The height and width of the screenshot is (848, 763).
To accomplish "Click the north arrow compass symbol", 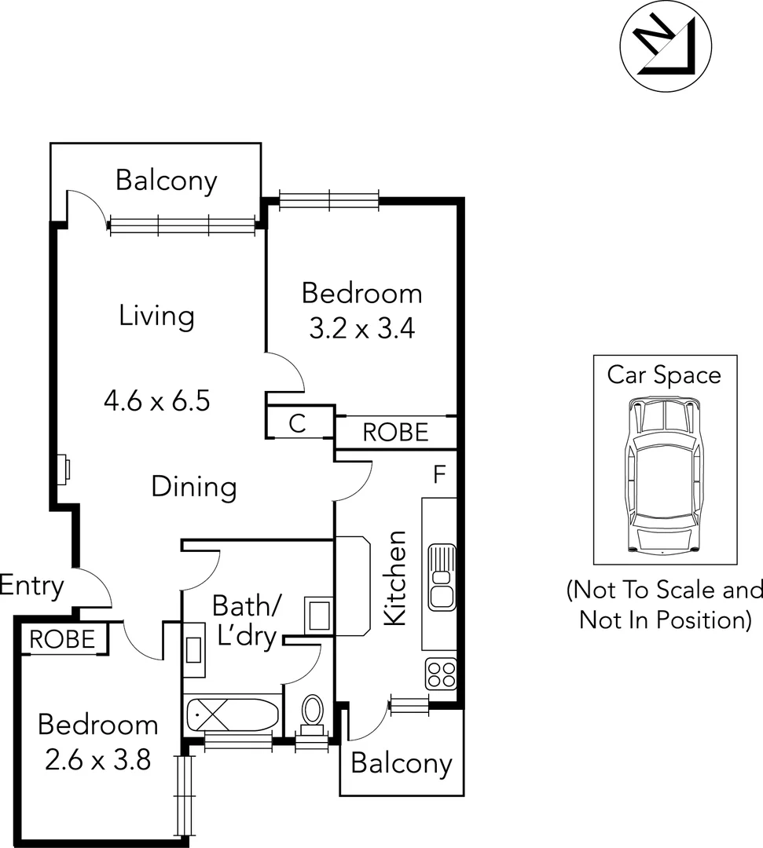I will (x=659, y=46).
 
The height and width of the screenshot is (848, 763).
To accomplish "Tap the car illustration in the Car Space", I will (x=664, y=476).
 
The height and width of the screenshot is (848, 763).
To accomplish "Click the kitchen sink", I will (x=442, y=577).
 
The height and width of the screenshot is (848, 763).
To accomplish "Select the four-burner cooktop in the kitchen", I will (x=441, y=674).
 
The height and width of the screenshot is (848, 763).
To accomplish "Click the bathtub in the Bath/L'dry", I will (x=232, y=715).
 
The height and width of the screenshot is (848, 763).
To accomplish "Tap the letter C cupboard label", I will (x=297, y=424).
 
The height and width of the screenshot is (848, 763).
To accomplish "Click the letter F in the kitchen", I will (x=439, y=474).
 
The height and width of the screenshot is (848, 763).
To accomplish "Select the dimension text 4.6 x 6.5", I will (x=157, y=401).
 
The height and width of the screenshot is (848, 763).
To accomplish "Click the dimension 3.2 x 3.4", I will (x=361, y=327).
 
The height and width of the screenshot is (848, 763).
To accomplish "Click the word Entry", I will (x=32, y=586).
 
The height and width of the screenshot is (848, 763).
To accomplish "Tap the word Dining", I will (x=193, y=487).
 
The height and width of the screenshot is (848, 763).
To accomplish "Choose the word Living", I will (x=156, y=316).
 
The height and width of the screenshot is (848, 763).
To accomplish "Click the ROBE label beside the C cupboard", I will (x=395, y=432).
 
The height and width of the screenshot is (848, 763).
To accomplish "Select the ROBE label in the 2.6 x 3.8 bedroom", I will (x=62, y=640).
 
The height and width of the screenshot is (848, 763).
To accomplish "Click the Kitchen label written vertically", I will (x=395, y=578).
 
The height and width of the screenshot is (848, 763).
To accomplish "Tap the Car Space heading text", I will (x=664, y=375).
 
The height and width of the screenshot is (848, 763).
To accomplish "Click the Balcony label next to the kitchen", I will (x=402, y=763).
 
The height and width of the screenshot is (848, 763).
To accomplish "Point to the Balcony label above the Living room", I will (x=166, y=181).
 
